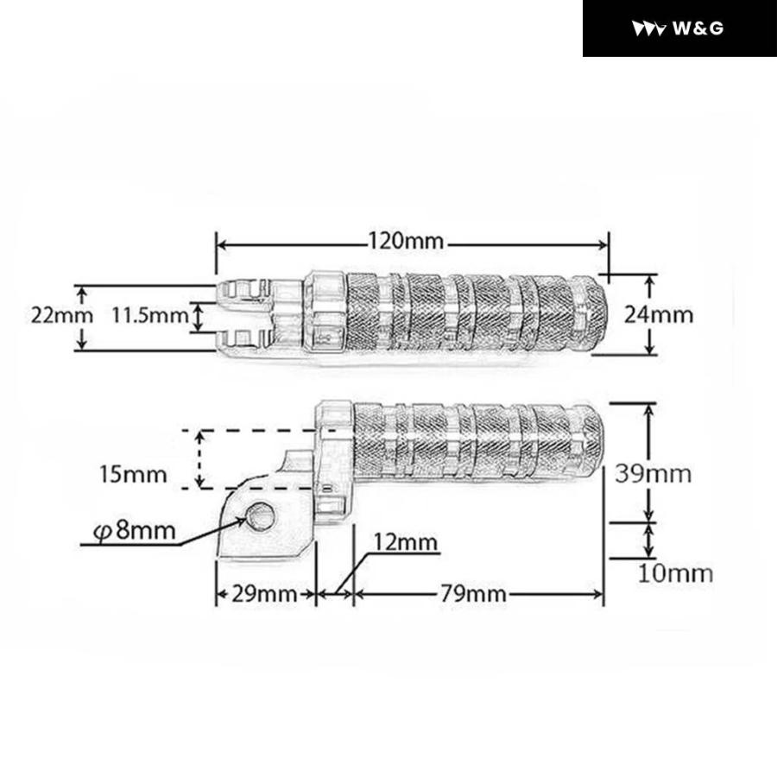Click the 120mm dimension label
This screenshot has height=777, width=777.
click(x=406, y=242)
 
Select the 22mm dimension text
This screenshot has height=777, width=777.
click(x=62, y=315)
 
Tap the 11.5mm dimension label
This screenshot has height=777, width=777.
click(x=150, y=315)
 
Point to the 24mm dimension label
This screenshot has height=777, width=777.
click(x=658, y=314)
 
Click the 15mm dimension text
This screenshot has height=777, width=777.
click(x=133, y=474)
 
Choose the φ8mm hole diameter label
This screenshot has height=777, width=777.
click(x=135, y=531)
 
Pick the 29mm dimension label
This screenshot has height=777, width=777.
click(x=264, y=594)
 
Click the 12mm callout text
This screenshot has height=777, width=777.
click(x=406, y=543)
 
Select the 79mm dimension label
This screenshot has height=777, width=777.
click(x=473, y=594)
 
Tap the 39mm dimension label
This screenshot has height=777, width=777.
click(x=654, y=474)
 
